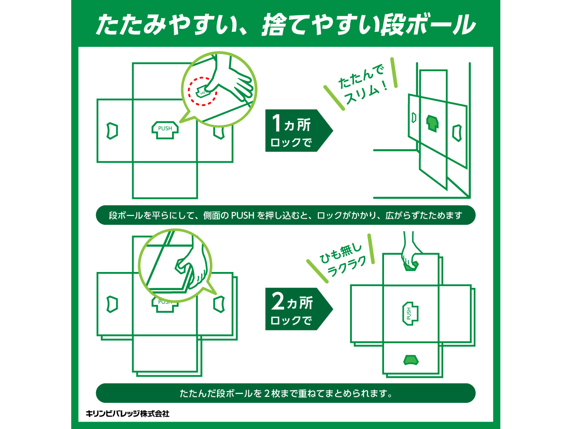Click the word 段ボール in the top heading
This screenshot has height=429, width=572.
point(428,25)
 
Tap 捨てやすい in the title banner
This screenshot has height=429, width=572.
point(320,25)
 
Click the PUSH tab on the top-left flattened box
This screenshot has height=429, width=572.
point(165,130)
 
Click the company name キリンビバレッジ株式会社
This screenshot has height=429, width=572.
point(127,414)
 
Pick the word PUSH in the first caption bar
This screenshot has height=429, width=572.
point(242,215)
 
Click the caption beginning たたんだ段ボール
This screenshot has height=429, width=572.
point(286,393)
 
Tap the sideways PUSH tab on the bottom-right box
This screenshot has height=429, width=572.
point(410,313)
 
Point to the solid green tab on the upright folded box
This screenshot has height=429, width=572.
point(432,123)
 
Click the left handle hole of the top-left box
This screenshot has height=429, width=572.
point(112,131)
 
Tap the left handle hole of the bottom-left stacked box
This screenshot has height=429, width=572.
point(112,304)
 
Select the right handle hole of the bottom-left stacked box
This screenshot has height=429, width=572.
point(219,304)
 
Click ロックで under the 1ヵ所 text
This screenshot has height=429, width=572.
point(291,142)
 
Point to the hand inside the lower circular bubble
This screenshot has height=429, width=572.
point(191,266)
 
